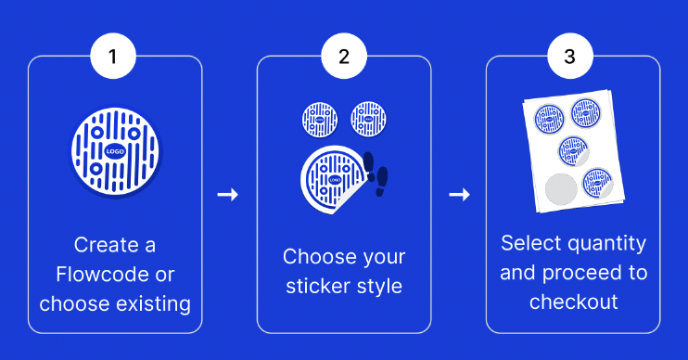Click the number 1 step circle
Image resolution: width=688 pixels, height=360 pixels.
coord(113,57)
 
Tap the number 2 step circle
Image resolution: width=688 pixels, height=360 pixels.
coord(344,57)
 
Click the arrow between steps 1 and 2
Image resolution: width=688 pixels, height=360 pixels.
coord(227,195)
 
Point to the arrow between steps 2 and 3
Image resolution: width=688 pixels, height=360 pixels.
coord(458,195)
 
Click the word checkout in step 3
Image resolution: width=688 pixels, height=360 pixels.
coord(573,302)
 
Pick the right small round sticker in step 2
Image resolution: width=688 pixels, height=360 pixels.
coord(368,119)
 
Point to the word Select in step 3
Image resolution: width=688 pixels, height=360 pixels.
coord(529,244)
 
